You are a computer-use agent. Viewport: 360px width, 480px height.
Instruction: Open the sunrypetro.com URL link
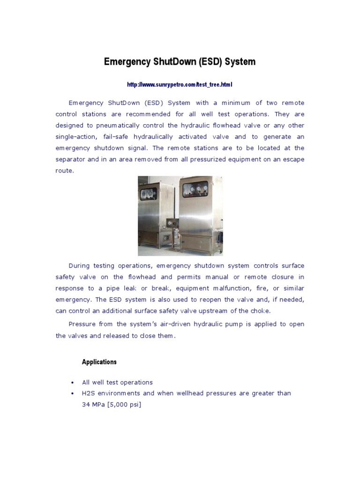click(x=180, y=85)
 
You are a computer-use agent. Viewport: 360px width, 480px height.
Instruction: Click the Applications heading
click(x=99, y=362)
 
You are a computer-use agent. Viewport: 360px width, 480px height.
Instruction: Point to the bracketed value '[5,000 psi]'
click(x=124, y=405)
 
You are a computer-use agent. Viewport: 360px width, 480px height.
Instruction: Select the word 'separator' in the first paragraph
click(x=70, y=159)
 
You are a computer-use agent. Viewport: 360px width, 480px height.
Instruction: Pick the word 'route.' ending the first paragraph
click(x=65, y=171)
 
